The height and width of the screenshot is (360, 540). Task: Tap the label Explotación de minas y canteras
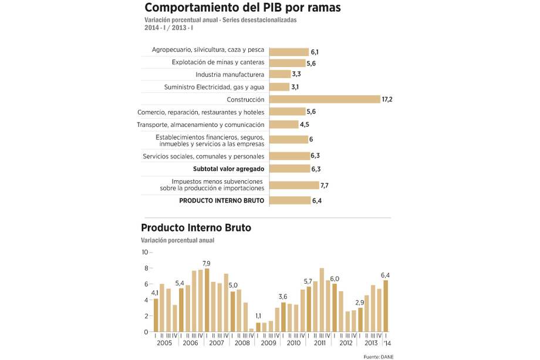coord(218,62)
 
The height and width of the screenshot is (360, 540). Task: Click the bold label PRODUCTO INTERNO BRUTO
coord(221,201)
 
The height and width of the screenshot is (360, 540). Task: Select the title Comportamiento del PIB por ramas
coord(242,8)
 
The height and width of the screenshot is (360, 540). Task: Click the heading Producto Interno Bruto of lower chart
coord(196,228)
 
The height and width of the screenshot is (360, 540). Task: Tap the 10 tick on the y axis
coord(144,252)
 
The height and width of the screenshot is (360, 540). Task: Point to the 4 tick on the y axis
coord(146,300)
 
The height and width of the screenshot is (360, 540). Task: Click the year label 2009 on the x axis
coord(268,343)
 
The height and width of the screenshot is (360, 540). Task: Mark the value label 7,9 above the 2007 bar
coord(207,263)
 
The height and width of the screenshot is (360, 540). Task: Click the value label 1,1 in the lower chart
coord(258,316)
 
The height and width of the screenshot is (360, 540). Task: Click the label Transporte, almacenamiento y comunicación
coord(200,125)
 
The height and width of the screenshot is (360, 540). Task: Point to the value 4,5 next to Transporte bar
coord(305,125)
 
